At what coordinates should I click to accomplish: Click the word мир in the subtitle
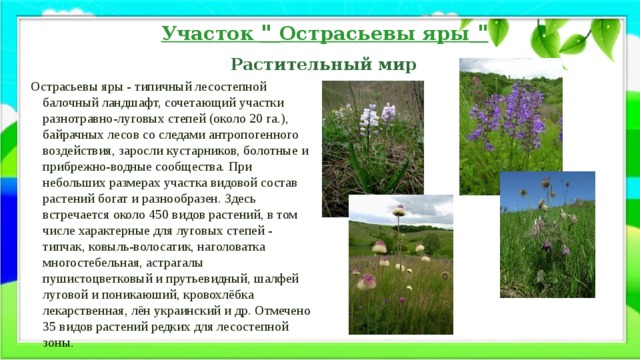(393, 65)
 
